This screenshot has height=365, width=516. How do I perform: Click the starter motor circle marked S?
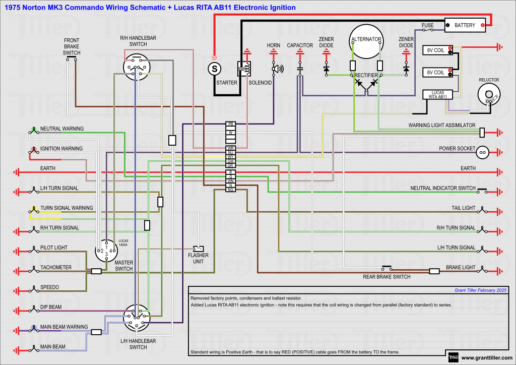pos(215,68)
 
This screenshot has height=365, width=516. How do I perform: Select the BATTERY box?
pos(465,25)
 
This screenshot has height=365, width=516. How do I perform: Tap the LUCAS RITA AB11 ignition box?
pos(437,94)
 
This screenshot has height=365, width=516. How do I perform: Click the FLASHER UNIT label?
pos(199,258)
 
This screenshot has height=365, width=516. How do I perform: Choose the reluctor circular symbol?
pos(487,94)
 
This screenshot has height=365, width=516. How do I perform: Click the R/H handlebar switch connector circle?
pos(136,67)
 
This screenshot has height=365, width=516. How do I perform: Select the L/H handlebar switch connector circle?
pos(137,319)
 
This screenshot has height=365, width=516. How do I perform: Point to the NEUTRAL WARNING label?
pos(62,129)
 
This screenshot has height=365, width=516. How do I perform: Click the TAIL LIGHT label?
pos(463,208)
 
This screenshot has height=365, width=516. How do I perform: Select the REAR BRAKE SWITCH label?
pos(386,277)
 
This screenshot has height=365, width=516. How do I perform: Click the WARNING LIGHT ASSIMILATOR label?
pos(442,125)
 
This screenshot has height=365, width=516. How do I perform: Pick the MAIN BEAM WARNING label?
pos(64,327)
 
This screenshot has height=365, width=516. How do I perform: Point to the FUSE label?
pos(428,25)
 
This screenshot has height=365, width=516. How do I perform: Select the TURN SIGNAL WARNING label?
pos(67,208)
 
